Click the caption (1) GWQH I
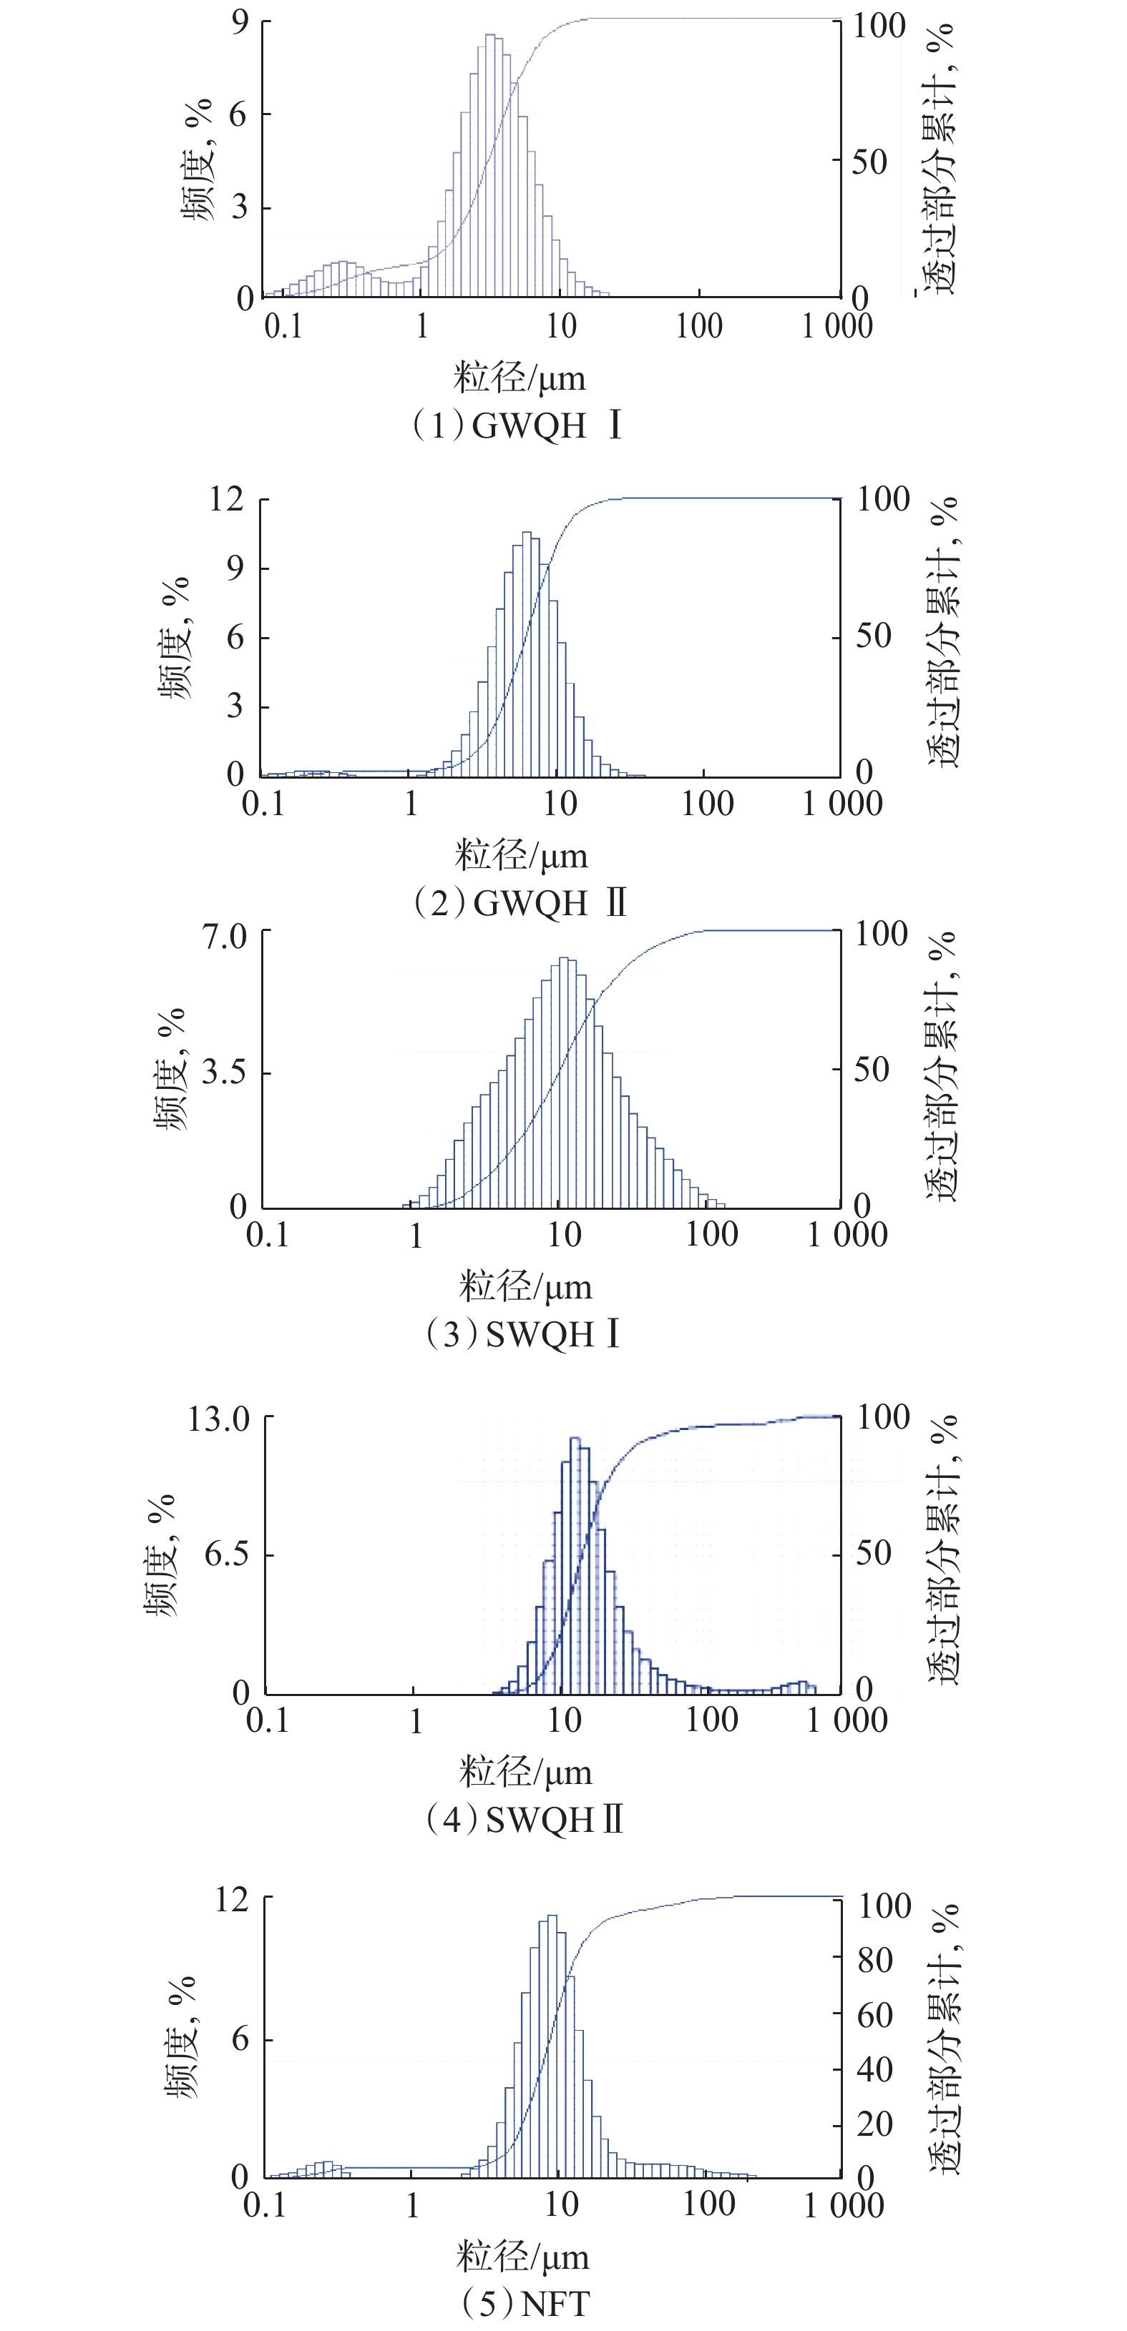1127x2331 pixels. coord(517,425)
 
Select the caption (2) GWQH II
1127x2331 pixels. coord(519,902)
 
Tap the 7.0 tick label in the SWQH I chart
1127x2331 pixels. coord(225,935)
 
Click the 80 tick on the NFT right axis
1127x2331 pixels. coord(874,1960)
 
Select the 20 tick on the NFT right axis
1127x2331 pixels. coord(874,2123)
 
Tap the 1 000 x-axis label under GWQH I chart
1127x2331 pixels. coord(837,326)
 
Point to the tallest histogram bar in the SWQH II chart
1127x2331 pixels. coord(575,1564)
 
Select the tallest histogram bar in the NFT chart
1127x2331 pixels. coord(552,2044)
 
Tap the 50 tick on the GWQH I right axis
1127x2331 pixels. coord(869,162)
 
